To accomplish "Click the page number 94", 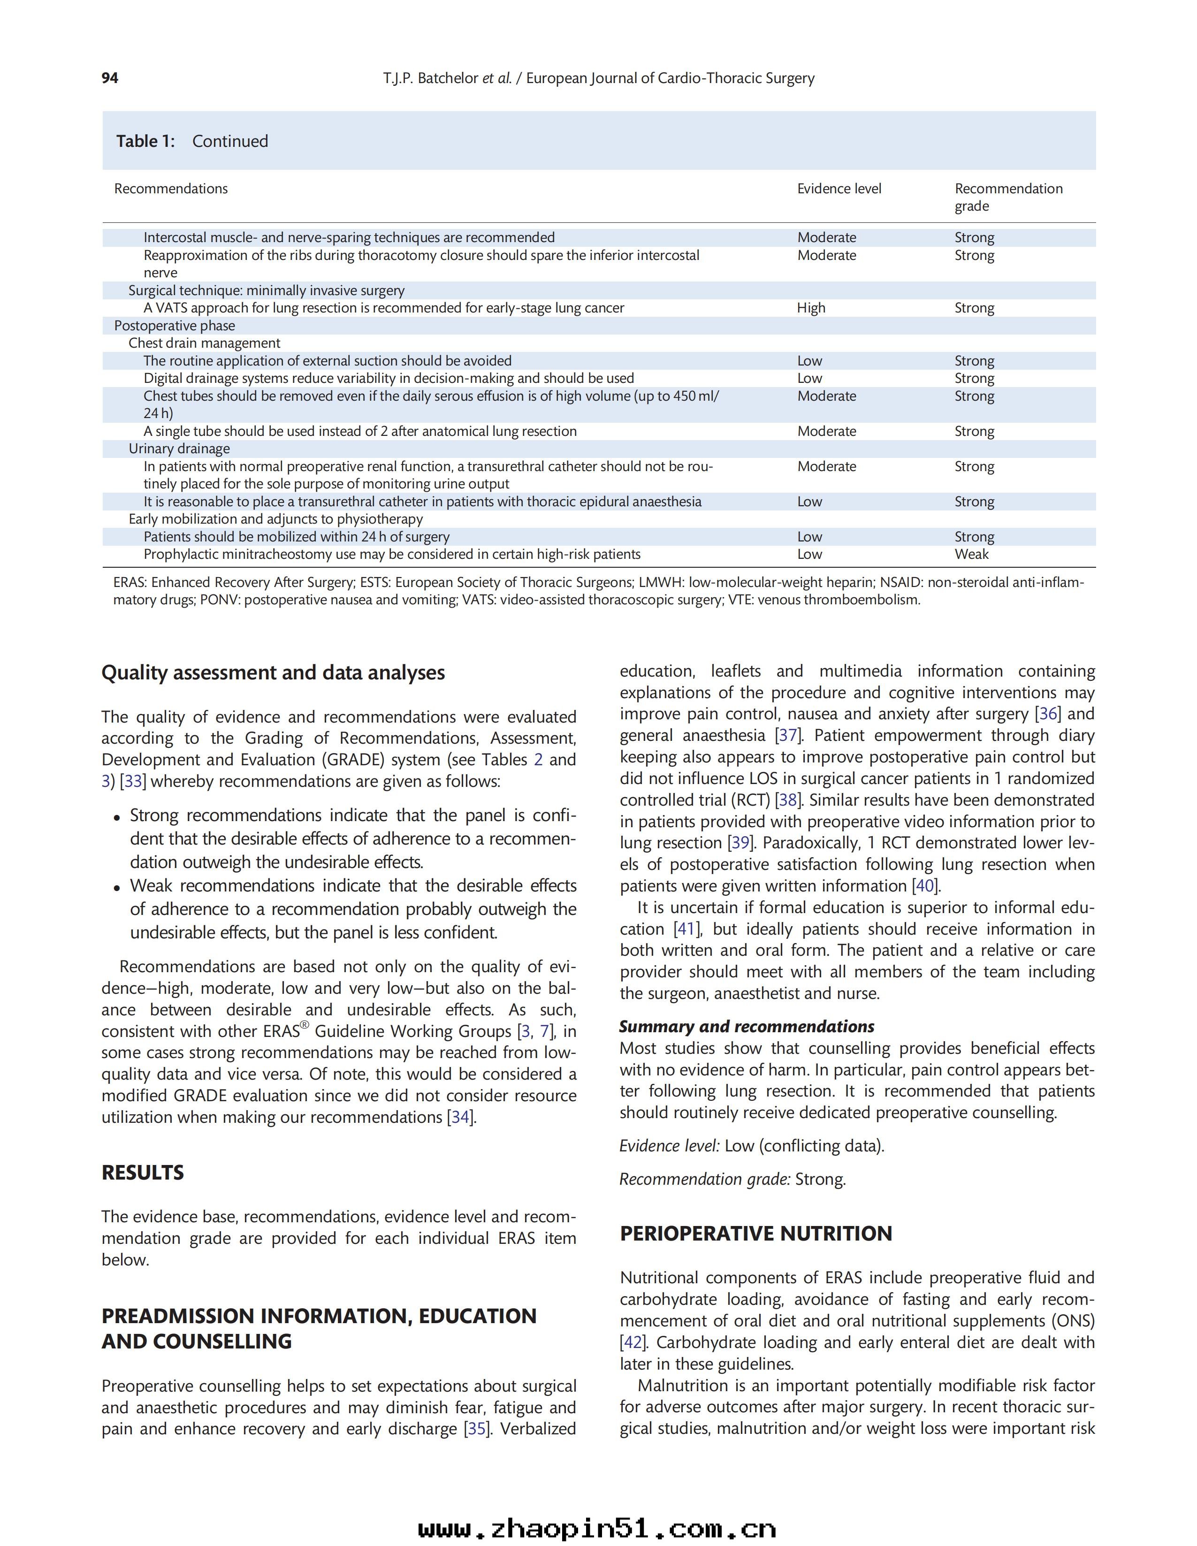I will coord(110,78).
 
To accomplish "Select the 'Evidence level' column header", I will coord(839,188).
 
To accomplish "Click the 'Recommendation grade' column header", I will coord(1008,197).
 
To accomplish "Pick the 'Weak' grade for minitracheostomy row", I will coord(971,554).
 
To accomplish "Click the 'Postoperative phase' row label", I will coord(174,326).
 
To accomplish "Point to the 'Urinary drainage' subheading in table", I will coord(179,449).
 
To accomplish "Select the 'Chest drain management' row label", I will coord(204,343).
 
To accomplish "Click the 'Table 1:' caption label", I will coord(145,141).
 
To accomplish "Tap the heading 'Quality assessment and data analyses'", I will coord(273,672).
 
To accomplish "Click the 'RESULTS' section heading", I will coord(142,1173).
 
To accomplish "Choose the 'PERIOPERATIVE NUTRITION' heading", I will coord(755,1234).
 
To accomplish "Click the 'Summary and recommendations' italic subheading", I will coord(746,1027).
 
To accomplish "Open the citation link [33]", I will coord(133,782).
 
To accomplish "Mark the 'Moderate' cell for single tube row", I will coord(826,431).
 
